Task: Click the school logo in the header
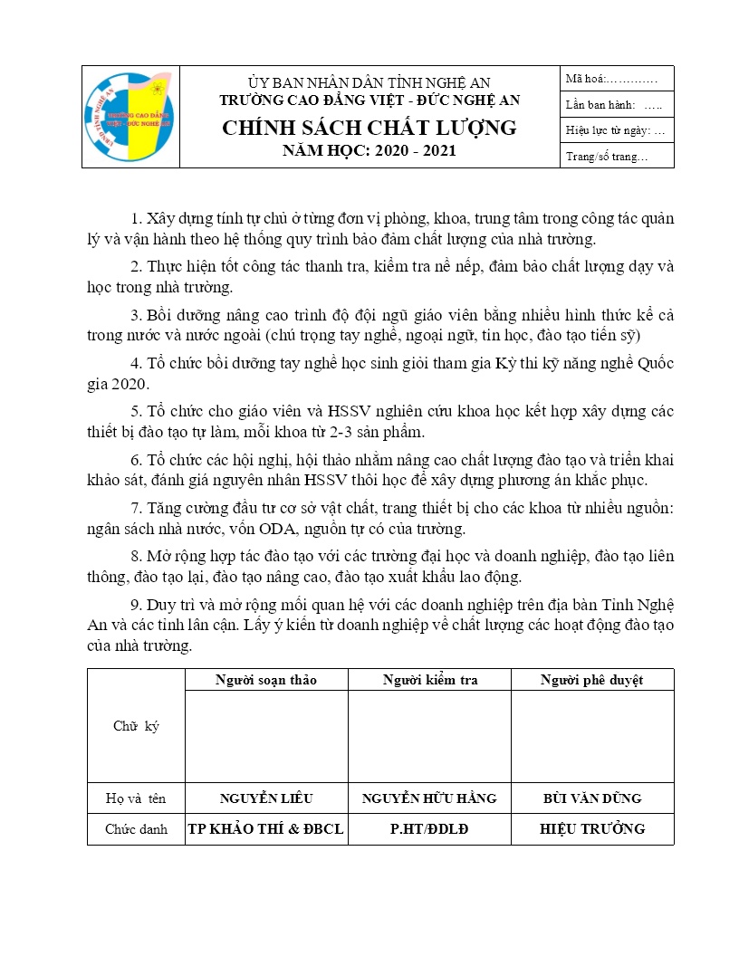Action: (131, 117)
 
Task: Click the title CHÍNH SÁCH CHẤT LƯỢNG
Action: (369, 128)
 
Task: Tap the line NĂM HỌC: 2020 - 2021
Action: (369, 150)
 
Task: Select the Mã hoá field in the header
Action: (617, 79)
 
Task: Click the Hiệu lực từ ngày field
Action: (615, 130)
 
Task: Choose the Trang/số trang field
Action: (607, 157)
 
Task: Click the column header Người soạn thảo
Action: (266, 680)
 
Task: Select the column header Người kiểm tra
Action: (430, 680)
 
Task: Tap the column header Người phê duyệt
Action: (592, 680)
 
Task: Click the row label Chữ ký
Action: (136, 726)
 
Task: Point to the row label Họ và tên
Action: (136, 798)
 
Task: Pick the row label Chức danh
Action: (136, 828)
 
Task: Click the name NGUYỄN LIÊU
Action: (266, 798)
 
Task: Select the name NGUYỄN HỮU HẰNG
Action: (429, 798)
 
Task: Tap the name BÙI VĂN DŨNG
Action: (592, 798)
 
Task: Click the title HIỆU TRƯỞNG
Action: (592, 828)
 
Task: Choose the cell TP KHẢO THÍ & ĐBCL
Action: (266, 828)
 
